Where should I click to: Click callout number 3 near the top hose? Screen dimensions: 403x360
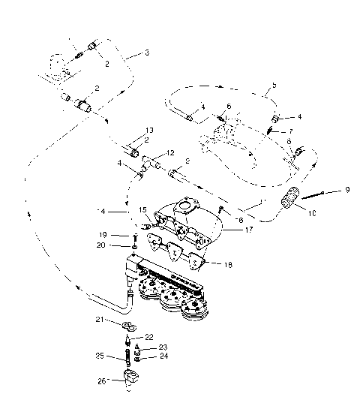[147, 53]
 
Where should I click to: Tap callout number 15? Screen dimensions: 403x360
[142, 210]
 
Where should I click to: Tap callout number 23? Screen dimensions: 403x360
[164, 347]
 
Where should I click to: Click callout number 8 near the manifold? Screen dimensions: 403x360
[240, 220]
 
